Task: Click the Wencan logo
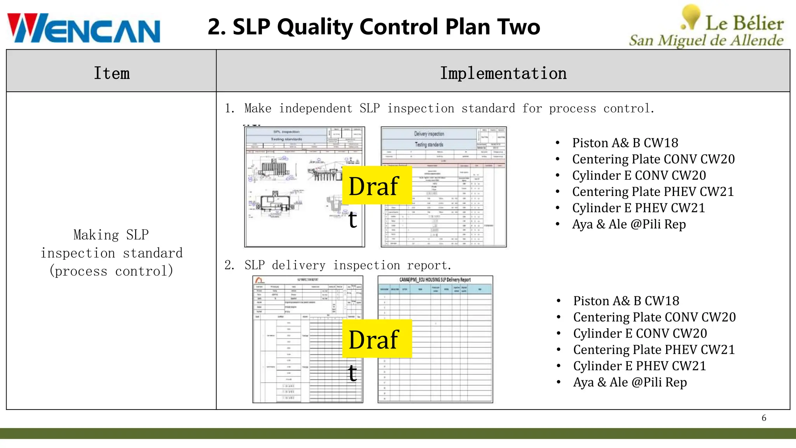click(x=84, y=28)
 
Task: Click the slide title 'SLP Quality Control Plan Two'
click(x=374, y=27)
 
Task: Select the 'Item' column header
click(x=112, y=73)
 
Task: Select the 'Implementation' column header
click(x=503, y=73)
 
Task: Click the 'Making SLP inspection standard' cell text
click(x=112, y=253)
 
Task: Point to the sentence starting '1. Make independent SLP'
click(x=440, y=108)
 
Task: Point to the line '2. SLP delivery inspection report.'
click(x=338, y=265)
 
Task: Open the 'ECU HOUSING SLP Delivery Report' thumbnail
click(x=435, y=339)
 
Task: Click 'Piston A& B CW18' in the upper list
click(x=625, y=143)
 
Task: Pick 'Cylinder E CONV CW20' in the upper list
click(x=639, y=175)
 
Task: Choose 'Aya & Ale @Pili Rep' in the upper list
click(x=629, y=224)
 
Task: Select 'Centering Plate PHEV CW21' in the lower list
click(x=654, y=350)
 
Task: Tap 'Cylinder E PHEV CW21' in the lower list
click(x=639, y=366)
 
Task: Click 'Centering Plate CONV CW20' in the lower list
click(x=654, y=317)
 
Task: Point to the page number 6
click(x=764, y=418)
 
